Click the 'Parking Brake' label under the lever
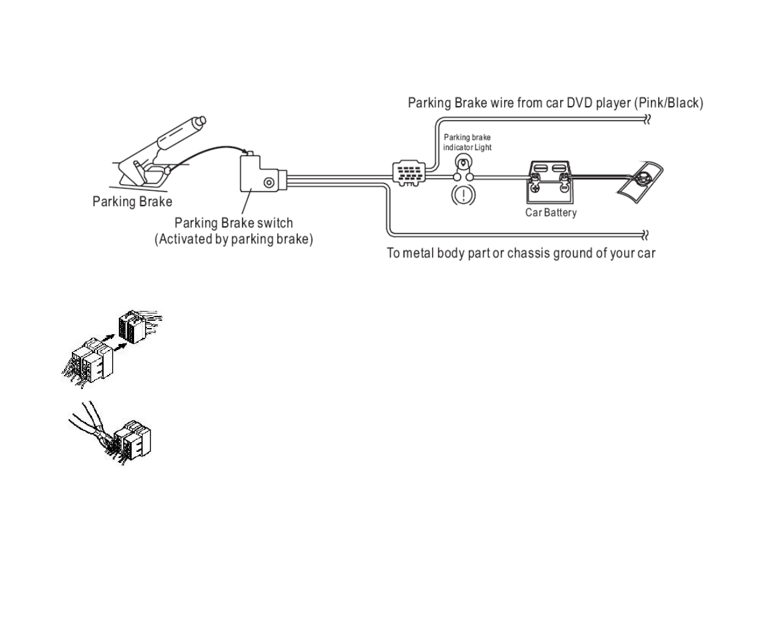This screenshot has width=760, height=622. (132, 202)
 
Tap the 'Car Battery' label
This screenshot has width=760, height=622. (550, 213)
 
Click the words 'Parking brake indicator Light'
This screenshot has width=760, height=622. (467, 142)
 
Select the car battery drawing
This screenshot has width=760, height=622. (550, 182)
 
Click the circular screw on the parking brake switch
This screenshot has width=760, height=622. (269, 182)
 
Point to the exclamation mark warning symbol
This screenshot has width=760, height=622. (463, 195)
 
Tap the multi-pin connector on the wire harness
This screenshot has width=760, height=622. (409, 173)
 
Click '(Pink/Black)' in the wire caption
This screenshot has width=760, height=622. (669, 103)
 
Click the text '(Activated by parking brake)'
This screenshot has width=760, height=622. (234, 239)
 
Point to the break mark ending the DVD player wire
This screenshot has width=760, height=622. (647, 120)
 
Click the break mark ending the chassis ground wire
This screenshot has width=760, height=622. (645, 235)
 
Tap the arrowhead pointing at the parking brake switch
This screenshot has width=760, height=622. (246, 152)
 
